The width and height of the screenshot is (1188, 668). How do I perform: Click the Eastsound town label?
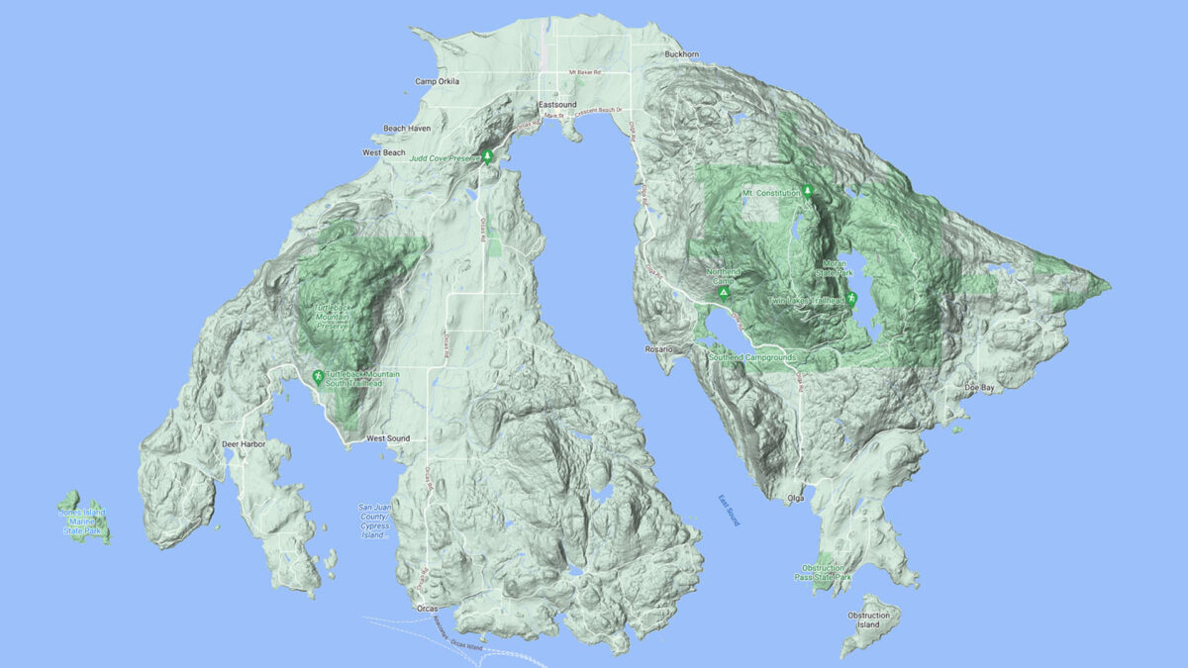coord(555,104)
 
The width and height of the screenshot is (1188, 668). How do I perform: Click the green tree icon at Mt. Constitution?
coord(808,191)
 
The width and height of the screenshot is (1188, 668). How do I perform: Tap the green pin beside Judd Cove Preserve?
coord(487,155)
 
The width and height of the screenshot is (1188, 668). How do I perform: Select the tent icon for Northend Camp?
coord(724,294)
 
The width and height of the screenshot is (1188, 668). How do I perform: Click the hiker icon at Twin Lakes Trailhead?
coord(850,299)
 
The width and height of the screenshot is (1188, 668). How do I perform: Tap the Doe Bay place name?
coord(980,388)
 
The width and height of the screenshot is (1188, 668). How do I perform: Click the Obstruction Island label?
coord(868,620)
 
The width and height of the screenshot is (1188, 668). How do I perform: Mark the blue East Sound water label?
coord(729,514)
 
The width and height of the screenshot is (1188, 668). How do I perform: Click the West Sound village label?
coord(388,437)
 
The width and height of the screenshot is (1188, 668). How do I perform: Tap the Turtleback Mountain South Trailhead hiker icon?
coord(317,376)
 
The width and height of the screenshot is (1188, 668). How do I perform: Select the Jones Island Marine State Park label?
coord(82,521)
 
